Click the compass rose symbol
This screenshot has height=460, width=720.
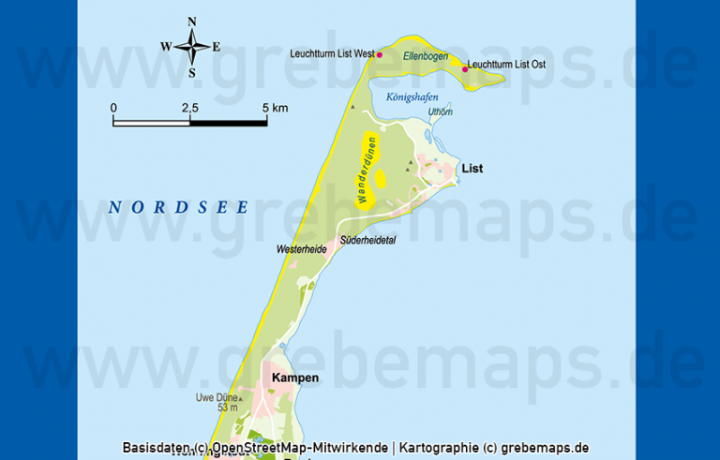click(x=191, y=45)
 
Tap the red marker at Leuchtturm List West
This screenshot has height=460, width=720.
click(x=380, y=55)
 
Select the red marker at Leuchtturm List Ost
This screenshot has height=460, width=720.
click(x=465, y=68)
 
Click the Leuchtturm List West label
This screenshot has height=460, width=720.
click(x=332, y=54)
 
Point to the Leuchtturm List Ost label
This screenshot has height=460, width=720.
click(x=507, y=65)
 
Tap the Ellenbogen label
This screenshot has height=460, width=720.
click(x=421, y=56)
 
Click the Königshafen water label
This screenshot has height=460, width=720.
click(x=412, y=96)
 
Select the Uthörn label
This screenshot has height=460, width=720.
click(x=440, y=112)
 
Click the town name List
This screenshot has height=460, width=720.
click(x=472, y=169)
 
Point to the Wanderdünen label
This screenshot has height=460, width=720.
click(x=366, y=170)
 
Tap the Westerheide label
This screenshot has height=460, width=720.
click(x=301, y=249)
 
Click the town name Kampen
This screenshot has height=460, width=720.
click(x=294, y=378)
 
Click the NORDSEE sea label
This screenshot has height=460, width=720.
click(x=177, y=207)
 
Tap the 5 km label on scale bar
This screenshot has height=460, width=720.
click(x=275, y=109)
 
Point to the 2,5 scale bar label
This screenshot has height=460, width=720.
click(x=189, y=109)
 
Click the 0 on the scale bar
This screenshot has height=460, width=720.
click(x=113, y=109)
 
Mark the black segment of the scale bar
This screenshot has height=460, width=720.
click(x=228, y=122)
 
